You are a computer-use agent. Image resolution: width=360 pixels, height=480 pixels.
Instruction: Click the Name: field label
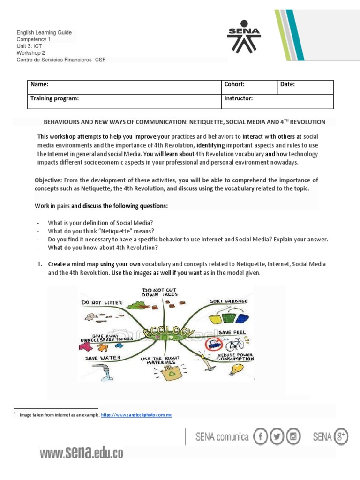pos(40,84)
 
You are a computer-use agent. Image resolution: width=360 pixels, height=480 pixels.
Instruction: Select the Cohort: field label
pos(234,84)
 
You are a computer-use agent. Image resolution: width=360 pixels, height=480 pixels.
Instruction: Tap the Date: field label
pos(288,84)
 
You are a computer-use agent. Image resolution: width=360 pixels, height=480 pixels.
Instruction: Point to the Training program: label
pos(55,98)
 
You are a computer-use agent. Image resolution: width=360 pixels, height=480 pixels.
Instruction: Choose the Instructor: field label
pos(239,98)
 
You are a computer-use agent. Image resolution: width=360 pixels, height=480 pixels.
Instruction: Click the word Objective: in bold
pos(48,180)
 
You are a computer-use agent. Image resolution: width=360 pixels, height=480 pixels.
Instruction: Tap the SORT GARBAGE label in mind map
pos(229,301)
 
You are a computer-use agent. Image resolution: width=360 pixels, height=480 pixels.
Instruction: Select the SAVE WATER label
pos(103,358)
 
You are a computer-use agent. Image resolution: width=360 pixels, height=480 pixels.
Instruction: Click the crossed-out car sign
pos(214,345)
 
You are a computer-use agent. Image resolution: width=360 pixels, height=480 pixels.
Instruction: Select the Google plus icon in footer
pos(340,437)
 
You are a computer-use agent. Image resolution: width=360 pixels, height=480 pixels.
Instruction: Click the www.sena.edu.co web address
pos(81,453)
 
